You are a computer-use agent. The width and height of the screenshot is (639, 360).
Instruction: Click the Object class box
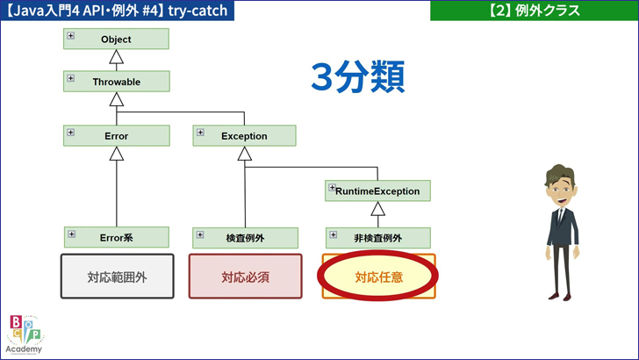(x=116, y=40)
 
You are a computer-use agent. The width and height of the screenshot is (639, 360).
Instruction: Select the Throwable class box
(x=116, y=82)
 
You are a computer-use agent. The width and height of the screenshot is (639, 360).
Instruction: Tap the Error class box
(x=116, y=136)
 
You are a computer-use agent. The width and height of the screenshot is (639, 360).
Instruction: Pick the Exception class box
(x=244, y=136)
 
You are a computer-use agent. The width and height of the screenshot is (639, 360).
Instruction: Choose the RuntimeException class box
(x=377, y=191)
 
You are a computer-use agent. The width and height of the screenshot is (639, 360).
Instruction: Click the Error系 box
(x=116, y=237)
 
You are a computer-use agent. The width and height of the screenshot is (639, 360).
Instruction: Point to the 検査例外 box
(x=244, y=237)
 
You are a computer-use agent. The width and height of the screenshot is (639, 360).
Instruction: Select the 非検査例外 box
(x=377, y=237)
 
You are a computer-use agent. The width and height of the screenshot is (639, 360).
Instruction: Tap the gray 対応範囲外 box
(x=117, y=277)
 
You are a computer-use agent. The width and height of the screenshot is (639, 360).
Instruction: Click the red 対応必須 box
(x=245, y=277)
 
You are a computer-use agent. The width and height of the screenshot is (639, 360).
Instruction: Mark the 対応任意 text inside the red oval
(x=378, y=277)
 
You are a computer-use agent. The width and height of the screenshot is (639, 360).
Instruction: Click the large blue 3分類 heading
(x=357, y=77)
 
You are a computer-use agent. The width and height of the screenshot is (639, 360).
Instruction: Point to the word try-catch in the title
(x=190, y=11)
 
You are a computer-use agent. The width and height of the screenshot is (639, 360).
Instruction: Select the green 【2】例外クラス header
(x=534, y=11)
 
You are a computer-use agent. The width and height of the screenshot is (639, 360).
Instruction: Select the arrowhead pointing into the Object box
(x=116, y=58)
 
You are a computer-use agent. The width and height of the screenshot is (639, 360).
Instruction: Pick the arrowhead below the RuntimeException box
(x=377, y=209)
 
